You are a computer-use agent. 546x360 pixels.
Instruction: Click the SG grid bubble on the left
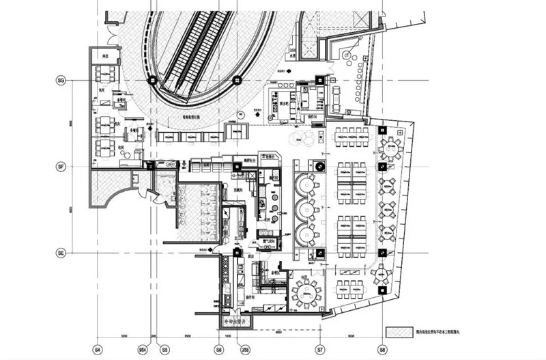coord(60,81)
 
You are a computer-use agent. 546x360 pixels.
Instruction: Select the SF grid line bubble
coord(60,166)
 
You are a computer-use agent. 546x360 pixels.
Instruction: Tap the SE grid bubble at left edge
coord(60,253)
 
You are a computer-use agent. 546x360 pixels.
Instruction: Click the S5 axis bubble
coord(164,349)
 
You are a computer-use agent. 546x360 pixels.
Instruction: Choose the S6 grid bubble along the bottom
coord(218,349)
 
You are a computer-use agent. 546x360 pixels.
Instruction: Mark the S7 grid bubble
coord(319,349)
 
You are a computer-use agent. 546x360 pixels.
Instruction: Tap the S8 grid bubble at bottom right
coord(383,349)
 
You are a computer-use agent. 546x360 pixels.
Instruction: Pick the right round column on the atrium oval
coord(238,81)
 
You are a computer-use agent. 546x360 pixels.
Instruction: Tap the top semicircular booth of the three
coord(305,185)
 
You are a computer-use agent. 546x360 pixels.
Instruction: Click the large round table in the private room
coord(306,292)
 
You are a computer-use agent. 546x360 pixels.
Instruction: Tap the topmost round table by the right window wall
coord(391,146)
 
